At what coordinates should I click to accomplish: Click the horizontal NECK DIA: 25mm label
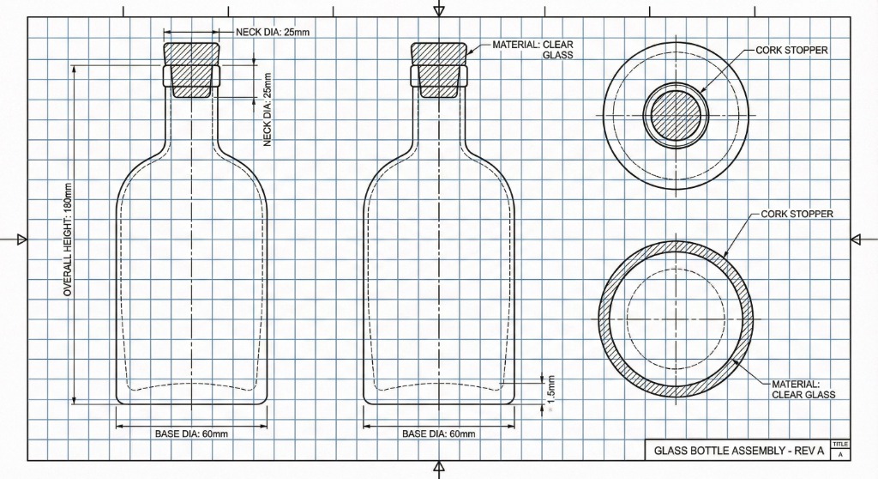[x=273, y=32]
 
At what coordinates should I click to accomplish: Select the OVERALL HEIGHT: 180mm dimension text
[x=69, y=240]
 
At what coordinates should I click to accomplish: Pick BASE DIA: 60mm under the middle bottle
[x=438, y=434]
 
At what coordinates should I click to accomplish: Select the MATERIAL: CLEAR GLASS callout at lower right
[x=803, y=389]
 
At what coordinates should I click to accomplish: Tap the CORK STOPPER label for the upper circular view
[x=791, y=51]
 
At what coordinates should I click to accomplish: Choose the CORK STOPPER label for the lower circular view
[x=797, y=214]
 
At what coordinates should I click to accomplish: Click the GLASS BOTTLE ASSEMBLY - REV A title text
[x=738, y=450]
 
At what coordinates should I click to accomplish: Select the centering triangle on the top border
[x=439, y=10]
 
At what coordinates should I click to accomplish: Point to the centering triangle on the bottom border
[x=439, y=468]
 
